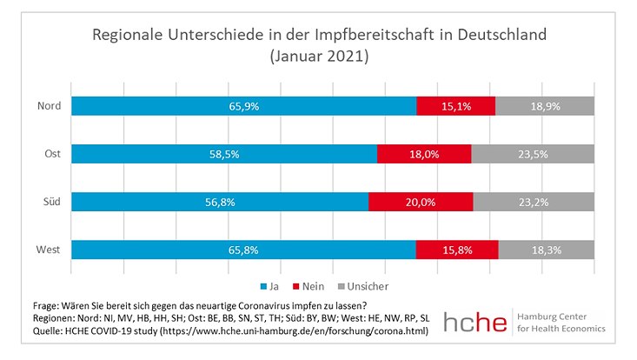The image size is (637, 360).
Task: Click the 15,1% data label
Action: tap(456, 106)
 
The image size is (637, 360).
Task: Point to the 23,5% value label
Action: tap(533, 154)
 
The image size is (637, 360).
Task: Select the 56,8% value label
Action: tap(220, 202)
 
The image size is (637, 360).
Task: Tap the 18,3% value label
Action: tap(547, 250)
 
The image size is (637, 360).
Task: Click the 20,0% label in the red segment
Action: tap(421, 202)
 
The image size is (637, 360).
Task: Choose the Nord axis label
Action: tap(49, 106)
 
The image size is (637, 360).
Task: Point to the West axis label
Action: tap(49, 250)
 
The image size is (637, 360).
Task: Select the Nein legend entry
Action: tap(311, 285)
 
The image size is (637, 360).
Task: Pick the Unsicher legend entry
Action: tap(364, 285)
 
